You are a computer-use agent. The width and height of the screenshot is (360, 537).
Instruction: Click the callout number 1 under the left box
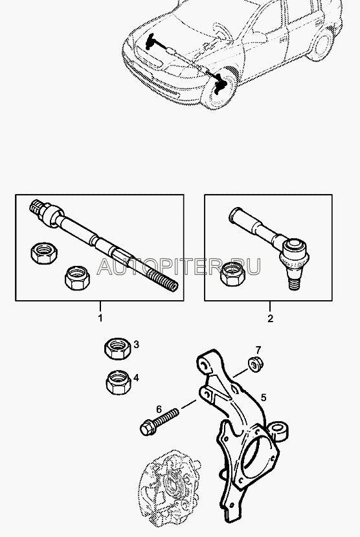coord(100,318)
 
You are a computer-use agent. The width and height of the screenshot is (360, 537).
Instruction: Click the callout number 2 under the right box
coord(270,318)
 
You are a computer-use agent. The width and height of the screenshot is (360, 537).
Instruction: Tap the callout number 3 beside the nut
coord(136,344)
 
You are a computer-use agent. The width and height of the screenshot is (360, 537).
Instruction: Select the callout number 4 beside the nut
coord(136,378)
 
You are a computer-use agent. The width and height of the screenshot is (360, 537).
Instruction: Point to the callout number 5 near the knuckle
coord(264,398)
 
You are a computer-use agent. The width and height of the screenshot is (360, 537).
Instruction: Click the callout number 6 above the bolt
coord(159,410)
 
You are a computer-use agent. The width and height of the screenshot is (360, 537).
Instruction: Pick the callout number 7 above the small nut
coord(258,350)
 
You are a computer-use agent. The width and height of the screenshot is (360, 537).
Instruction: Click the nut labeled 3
coord(118,349)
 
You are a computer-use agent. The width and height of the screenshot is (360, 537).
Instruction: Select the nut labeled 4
coord(118,382)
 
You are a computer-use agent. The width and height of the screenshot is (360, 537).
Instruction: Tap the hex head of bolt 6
coord(147,428)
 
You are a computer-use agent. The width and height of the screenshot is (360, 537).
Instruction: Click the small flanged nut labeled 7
coord(254,364)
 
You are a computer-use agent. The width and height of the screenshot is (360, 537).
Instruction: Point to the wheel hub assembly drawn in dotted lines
coord(168,487)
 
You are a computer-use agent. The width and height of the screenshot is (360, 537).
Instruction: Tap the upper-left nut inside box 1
coord(44,254)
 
